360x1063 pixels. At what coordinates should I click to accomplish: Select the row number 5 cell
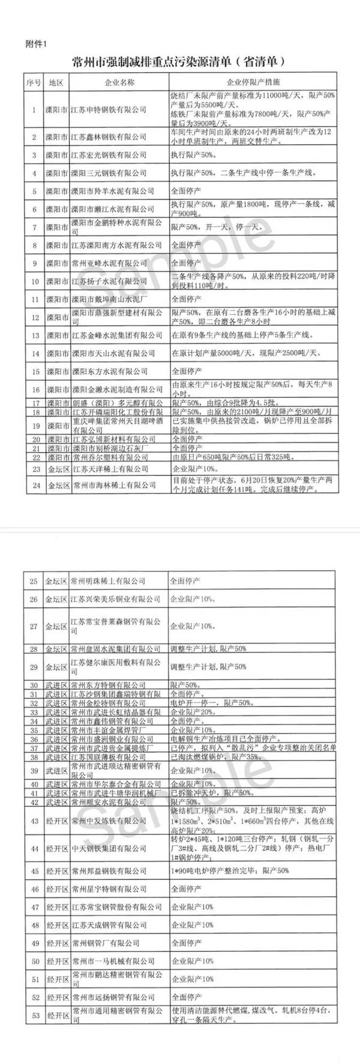[34, 191]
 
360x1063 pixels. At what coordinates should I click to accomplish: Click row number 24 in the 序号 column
[34, 485]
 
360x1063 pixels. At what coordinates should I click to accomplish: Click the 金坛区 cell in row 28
[56, 649]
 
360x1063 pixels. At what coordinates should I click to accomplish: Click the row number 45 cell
[34, 870]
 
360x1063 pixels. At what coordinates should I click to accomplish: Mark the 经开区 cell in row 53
[56, 1017]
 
